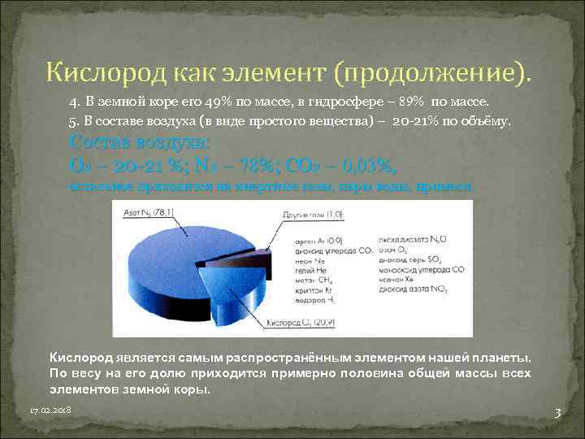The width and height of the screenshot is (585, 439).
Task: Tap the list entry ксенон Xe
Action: pyautogui.click(x=397, y=279)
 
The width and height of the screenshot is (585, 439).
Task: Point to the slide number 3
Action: pyautogui.click(x=557, y=413)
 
